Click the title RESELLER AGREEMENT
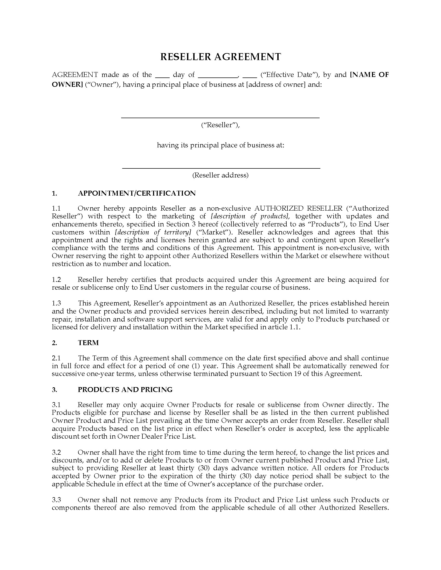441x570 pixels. point(220,57)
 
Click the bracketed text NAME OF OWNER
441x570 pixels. point(369,75)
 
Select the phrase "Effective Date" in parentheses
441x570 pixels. point(289,75)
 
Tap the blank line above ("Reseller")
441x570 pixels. point(220,118)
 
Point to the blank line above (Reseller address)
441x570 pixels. point(221,168)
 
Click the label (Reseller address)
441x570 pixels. point(220,175)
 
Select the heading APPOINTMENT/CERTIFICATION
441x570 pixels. point(137,193)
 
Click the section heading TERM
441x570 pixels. point(88,343)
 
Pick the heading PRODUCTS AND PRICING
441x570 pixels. point(125,390)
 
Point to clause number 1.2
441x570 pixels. point(56,280)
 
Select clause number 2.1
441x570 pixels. point(56,358)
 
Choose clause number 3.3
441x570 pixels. point(56,500)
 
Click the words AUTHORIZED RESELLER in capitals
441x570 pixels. point(298,209)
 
